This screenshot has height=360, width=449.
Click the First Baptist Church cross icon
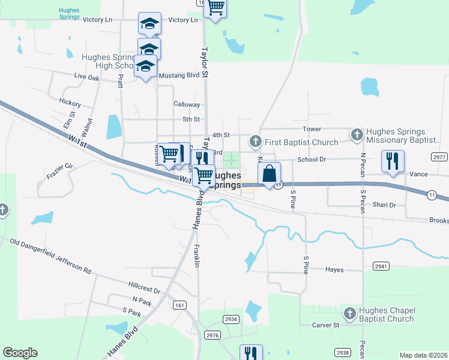256,142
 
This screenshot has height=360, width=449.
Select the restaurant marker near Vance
393,161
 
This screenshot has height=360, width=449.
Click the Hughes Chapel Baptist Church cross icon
349,313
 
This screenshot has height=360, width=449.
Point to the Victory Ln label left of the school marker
98,20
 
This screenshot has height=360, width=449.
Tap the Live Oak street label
86,77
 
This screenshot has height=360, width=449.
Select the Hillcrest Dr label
144,286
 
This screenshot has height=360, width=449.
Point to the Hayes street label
334,270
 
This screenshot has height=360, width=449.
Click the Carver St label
326,325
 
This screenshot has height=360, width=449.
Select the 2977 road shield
439,157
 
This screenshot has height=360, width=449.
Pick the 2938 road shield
343,352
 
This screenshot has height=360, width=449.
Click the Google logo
20,353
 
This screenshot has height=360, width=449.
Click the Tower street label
312,129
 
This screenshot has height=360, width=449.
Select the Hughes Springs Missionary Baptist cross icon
357,135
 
